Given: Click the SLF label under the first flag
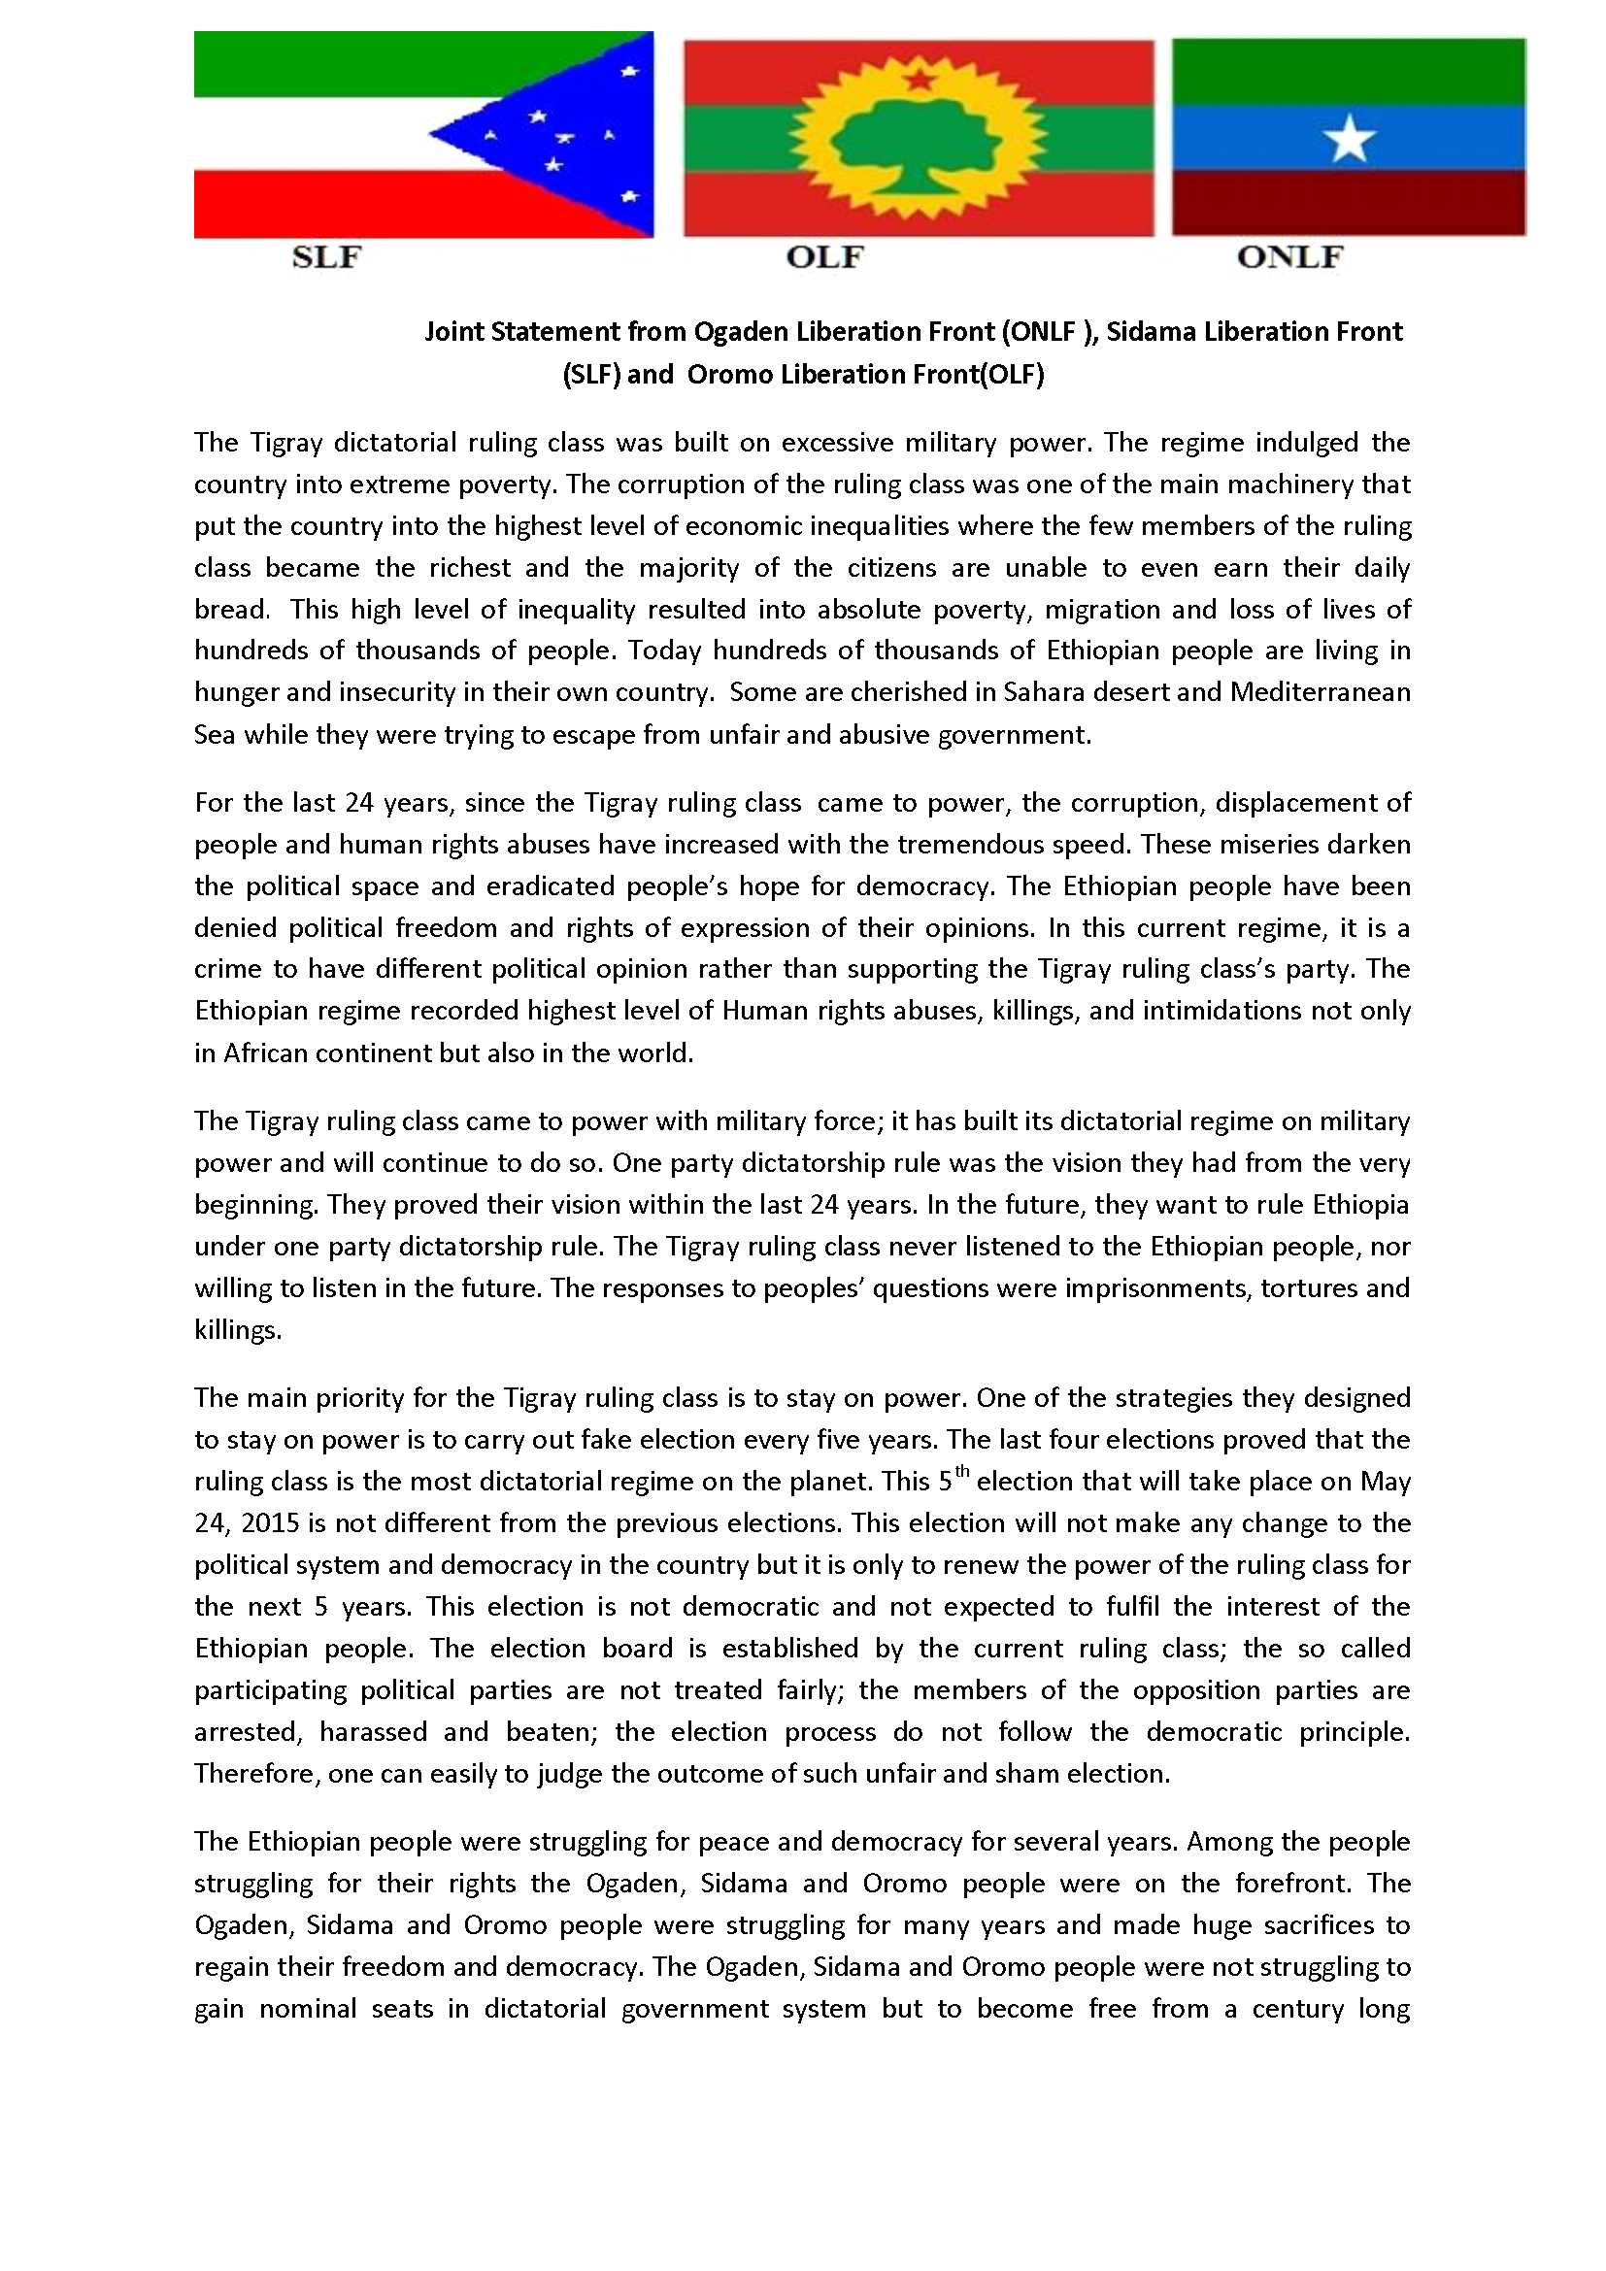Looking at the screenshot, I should [x=326, y=258].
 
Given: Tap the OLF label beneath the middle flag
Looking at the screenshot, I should [x=823, y=258].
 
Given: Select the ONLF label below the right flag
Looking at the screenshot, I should [x=1289, y=258].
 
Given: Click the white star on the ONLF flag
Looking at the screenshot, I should [x=1349, y=140].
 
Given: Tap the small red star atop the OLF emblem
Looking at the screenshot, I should [x=917, y=76].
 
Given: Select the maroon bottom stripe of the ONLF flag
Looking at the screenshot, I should [x=1349, y=203].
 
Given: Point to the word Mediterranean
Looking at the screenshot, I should [x=1320, y=692].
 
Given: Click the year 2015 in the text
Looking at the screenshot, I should [x=270, y=1522].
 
